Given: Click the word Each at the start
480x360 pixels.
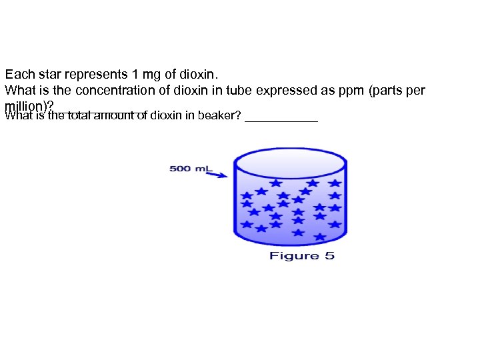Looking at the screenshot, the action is pos(17,75).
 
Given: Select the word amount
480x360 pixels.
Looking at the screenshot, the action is pos(118,117).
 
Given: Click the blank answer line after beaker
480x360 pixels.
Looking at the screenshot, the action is pos(281,121).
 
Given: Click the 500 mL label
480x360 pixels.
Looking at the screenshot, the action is pos(189,168).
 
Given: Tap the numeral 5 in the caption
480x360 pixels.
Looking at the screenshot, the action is pos(329,256).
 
